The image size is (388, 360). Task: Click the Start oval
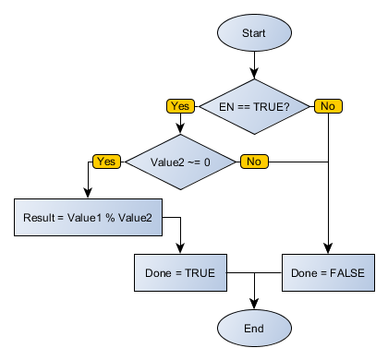[254, 32]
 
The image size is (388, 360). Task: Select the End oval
[254, 328]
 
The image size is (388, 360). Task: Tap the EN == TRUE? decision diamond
[254, 106]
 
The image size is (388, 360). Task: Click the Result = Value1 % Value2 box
[89, 217]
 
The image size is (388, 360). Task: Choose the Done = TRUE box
[180, 272]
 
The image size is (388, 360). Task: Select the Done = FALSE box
[328, 272]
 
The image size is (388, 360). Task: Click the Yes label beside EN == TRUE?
[179, 106]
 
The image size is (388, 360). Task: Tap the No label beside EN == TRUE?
[327, 106]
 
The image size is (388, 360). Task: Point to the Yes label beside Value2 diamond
[105, 162]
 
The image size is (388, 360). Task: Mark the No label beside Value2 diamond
[253, 162]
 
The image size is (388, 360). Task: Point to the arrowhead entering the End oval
[254, 304]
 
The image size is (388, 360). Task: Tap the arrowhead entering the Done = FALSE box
[328, 248]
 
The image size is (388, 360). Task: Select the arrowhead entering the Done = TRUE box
[180, 248]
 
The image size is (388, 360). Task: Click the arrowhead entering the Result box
[88, 193]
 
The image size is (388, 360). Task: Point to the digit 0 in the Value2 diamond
[207, 162]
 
